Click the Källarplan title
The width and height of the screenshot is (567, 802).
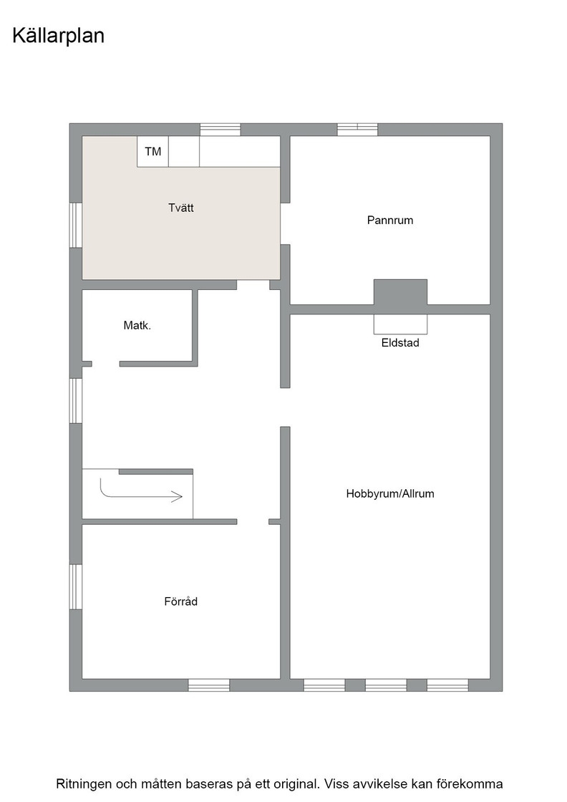[58, 37]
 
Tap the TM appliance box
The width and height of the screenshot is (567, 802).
[153, 151]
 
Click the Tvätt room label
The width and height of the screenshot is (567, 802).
[181, 208]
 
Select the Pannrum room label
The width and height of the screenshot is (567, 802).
[390, 221]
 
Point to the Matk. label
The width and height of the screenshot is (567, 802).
[137, 325]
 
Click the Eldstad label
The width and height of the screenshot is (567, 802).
[400, 343]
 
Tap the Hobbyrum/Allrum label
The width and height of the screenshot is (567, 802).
[390, 494]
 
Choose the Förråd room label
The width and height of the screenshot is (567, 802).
[181, 601]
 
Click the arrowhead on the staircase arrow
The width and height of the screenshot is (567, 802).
[177, 496]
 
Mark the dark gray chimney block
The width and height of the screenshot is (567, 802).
[400, 293]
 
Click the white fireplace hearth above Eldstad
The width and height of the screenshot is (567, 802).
[400, 324]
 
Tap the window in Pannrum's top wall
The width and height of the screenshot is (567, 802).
[357, 130]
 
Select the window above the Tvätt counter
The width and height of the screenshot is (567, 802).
[220, 130]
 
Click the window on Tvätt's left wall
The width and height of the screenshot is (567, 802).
[76, 225]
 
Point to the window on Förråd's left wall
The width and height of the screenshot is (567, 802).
[76, 586]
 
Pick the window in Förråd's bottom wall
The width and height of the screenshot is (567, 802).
[208, 685]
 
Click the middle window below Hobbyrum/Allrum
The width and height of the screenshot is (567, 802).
[386, 685]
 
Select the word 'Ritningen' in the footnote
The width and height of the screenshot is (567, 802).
[84, 784]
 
